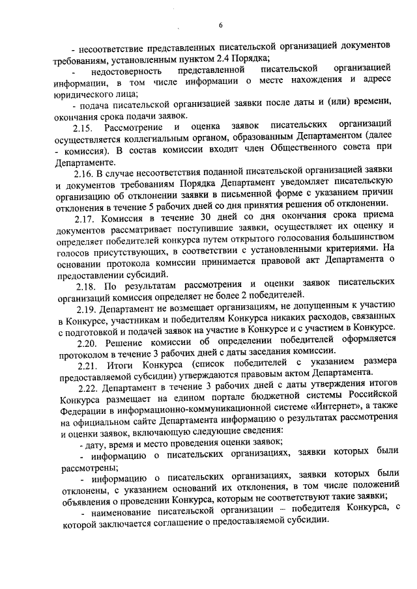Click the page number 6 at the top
tap(221, 25)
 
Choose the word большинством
tap(360, 243)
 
